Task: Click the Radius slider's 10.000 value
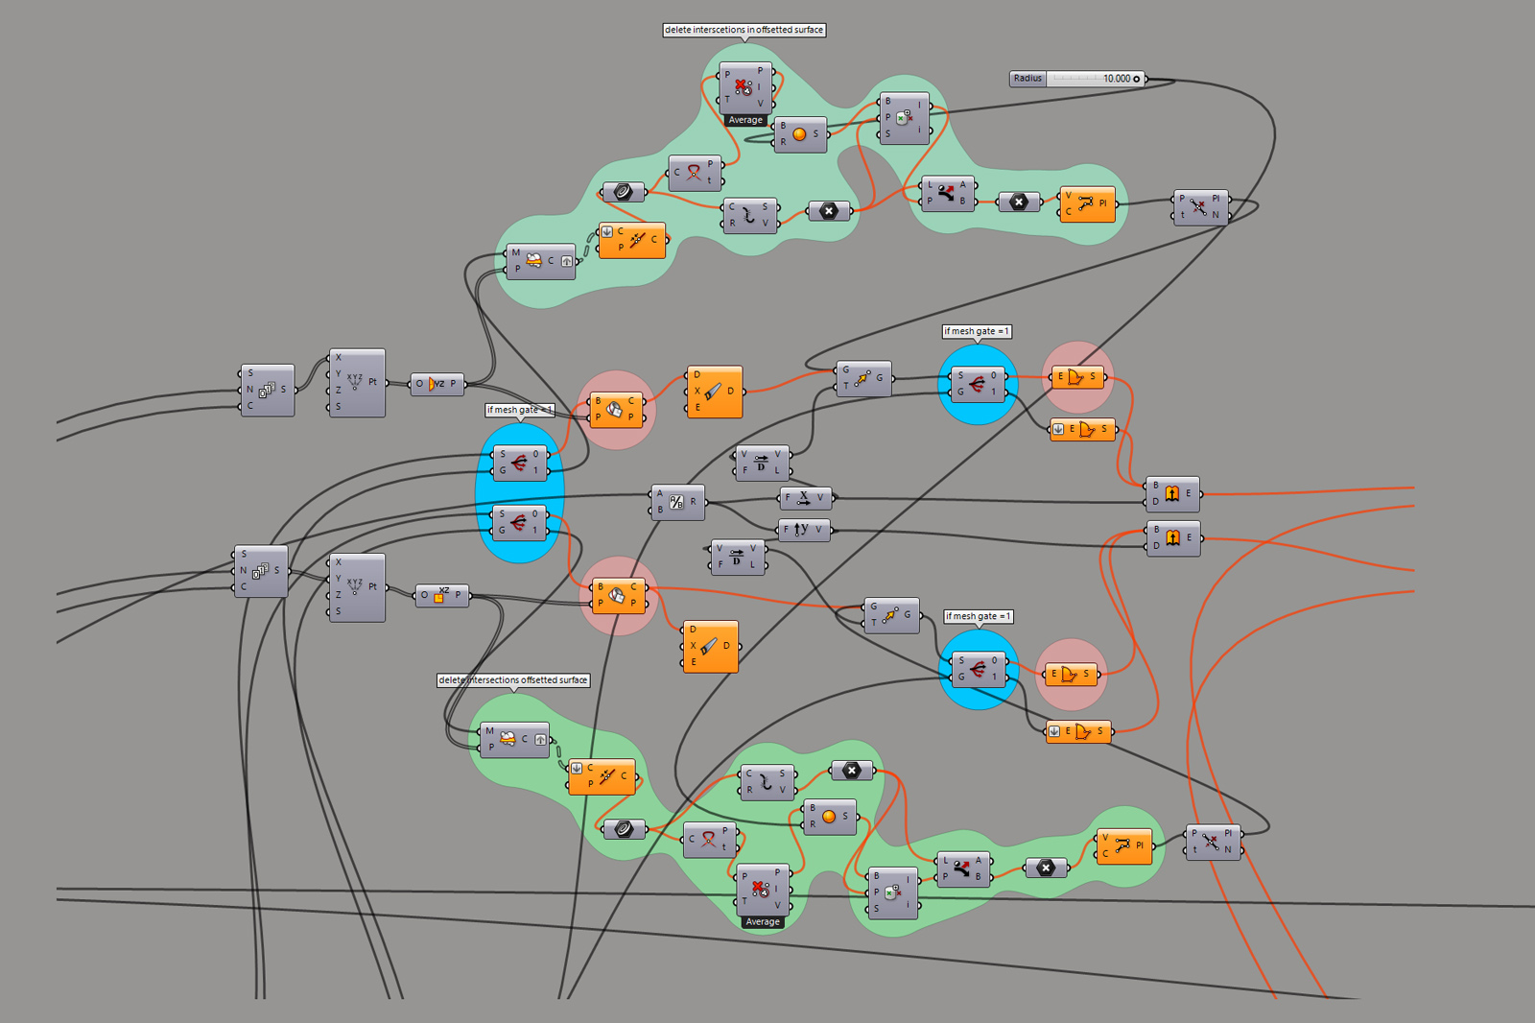pos(1116,79)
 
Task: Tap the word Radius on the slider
pos(1027,79)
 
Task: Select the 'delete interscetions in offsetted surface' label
pos(744,30)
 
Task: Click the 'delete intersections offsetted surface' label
pos(513,680)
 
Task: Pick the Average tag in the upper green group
pos(745,120)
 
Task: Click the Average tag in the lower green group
pos(763,922)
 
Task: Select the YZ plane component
pos(437,384)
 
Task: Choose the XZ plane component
pos(441,595)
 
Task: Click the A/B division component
pos(677,501)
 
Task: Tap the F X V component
pos(804,498)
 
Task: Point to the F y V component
pos(803,530)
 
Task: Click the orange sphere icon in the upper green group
pos(799,134)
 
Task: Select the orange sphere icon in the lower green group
pos(829,817)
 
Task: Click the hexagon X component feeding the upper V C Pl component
pos(1019,202)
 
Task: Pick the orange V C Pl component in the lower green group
pos(1123,845)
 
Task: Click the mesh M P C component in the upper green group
pos(540,261)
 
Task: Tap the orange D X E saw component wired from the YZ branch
pos(714,392)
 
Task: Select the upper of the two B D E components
pos(1172,493)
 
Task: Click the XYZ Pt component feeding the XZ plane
pos(356,587)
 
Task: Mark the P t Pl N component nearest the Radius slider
pos(1199,207)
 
